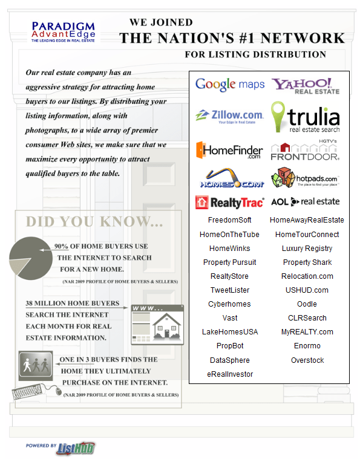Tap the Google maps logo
[230, 85]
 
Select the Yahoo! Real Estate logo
[305, 85]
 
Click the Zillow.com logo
[230, 115]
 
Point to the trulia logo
[305, 117]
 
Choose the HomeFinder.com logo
[229, 150]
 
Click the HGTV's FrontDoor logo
[305, 150]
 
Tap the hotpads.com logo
[305, 177]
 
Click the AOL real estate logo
[305, 201]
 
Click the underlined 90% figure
[61, 247]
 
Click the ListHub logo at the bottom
[76, 448]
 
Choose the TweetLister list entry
[229, 290]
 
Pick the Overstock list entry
[307, 360]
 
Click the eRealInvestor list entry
[230, 374]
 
